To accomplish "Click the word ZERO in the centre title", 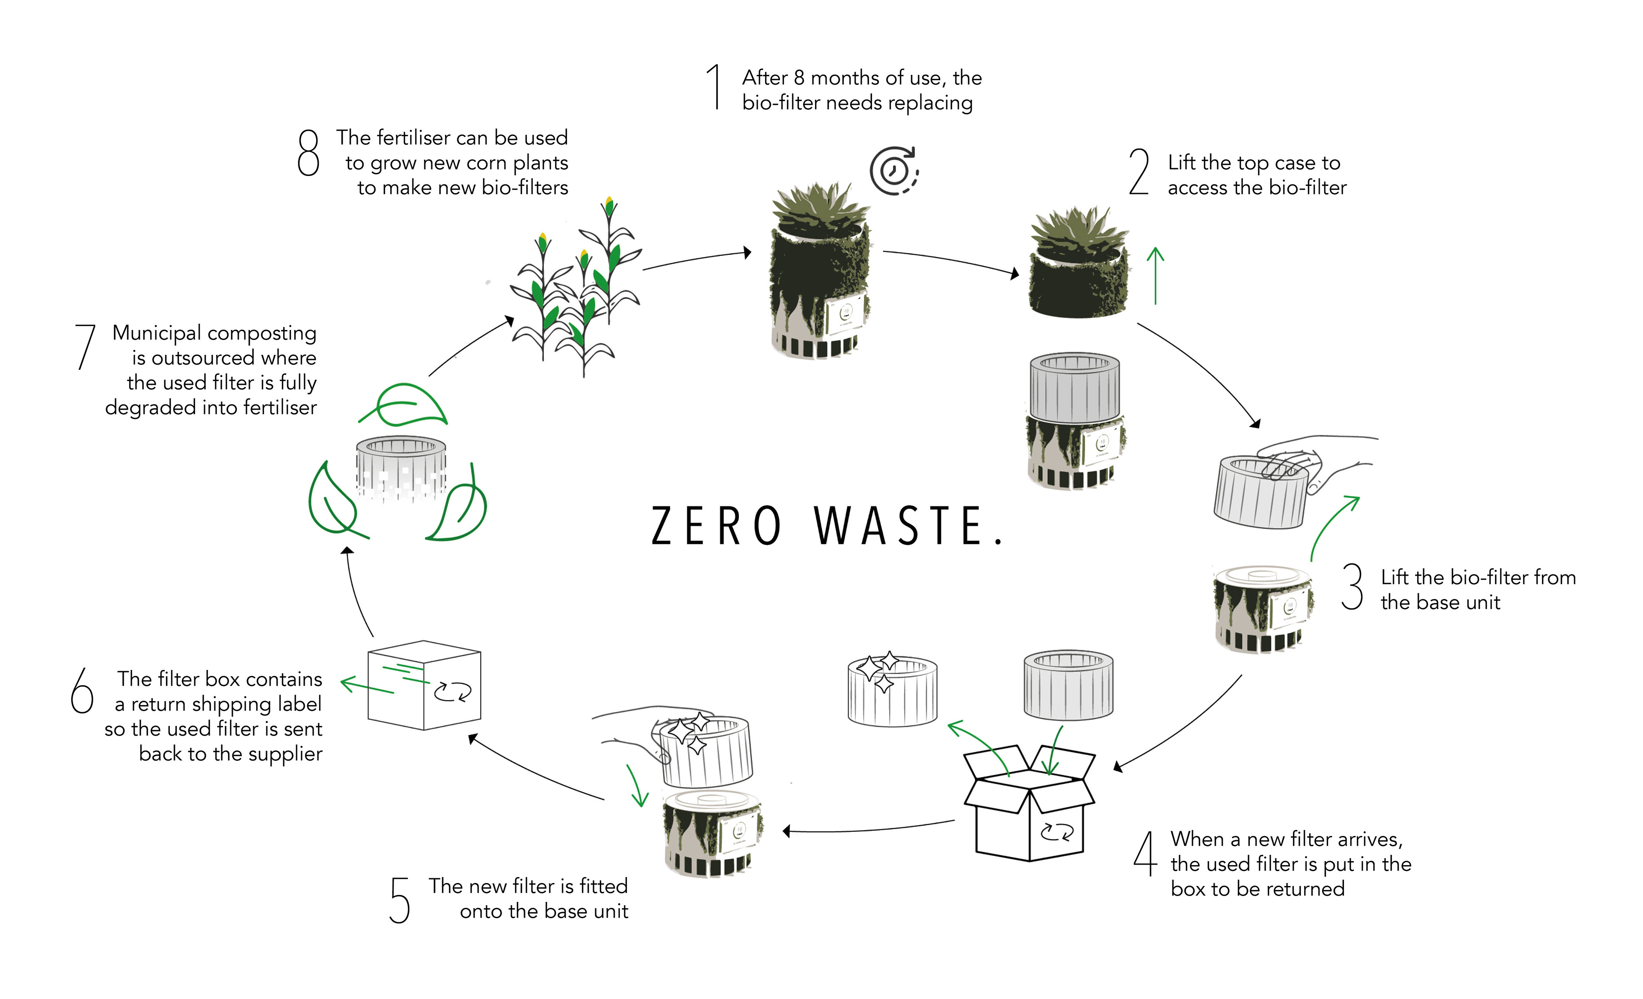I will click(x=715, y=526).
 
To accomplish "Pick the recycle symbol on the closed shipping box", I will click(x=453, y=692).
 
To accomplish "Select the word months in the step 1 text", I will click(x=841, y=78).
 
